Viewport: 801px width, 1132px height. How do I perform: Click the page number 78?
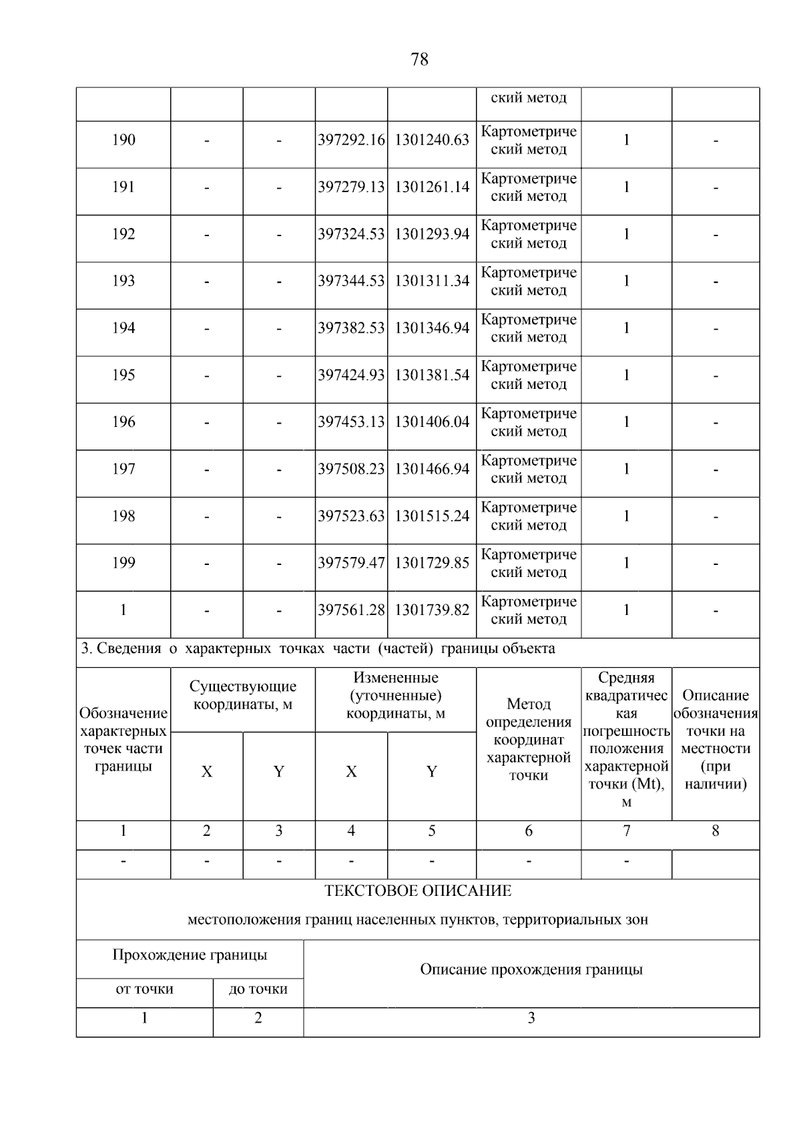point(419,59)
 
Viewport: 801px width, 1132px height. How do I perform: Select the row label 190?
point(123,140)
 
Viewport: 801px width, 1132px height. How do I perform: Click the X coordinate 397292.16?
point(351,140)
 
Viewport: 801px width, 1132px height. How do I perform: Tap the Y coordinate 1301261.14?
point(432,187)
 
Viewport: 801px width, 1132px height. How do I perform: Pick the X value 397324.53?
point(351,234)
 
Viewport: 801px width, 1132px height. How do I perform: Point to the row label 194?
point(123,328)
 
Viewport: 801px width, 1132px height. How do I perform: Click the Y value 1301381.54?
point(432,375)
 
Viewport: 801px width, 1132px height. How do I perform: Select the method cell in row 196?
point(529,422)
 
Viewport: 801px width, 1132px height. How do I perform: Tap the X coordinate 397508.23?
point(351,469)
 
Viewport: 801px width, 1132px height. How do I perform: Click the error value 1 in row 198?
point(626,516)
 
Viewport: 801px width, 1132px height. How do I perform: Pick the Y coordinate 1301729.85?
point(432,563)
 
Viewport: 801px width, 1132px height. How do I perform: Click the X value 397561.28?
point(351,610)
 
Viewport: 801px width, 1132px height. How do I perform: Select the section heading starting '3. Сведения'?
point(318,648)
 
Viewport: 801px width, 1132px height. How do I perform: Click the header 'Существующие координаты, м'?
point(243,696)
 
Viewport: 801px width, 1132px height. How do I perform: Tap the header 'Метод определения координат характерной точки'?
point(529,739)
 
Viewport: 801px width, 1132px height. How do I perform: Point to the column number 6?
point(529,831)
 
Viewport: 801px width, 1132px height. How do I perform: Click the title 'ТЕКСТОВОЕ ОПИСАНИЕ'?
point(418,891)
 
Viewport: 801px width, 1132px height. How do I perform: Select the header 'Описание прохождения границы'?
point(531,970)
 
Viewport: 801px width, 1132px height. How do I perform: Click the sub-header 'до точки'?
point(258,989)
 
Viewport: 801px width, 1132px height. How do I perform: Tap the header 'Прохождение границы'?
point(190,955)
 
